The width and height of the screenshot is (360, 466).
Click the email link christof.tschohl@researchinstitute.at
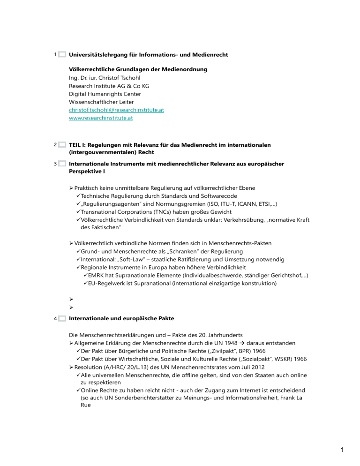116,110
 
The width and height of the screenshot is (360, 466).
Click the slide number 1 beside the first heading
55,55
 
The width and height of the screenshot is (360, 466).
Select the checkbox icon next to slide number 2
62,145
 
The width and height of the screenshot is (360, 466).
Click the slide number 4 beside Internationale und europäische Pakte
55,319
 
